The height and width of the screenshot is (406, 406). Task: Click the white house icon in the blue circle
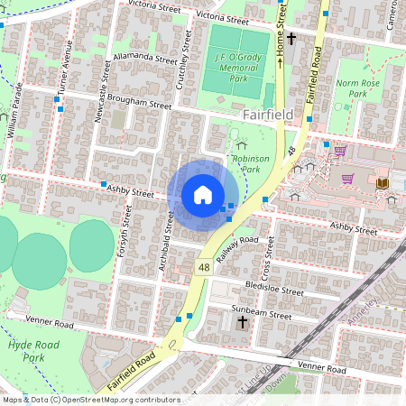pos(203,195)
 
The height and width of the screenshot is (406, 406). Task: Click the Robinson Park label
pos(251,162)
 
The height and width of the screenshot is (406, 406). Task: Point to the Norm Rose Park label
pos(352,88)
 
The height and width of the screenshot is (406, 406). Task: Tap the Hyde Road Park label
pos(26,351)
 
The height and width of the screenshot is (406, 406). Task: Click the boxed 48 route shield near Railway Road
pos(205,268)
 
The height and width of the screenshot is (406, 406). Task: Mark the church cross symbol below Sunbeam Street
pos(242,322)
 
